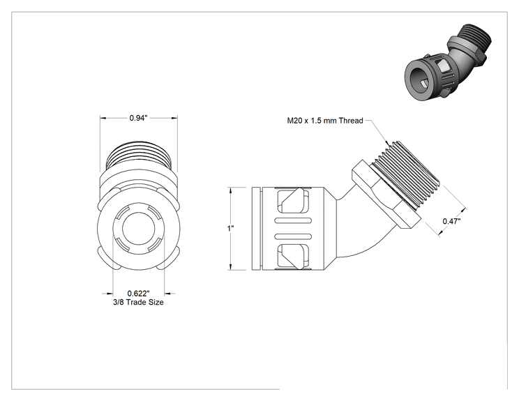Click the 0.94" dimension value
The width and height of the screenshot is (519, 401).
pyautogui.click(x=138, y=118)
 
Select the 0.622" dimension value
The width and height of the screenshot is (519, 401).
pyautogui.click(x=138, y=293)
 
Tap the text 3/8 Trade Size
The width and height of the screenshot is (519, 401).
pyautogui.click(x=138, y=302)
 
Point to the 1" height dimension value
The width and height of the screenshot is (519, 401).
pyautogui.click(x=231, y=228)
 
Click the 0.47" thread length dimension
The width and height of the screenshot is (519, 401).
pyautogui.click(x=451, y=221)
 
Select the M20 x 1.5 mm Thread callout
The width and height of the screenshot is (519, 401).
pyautogui.click(x=325, y=121)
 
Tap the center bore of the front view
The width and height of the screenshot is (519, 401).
pyautogui.click(x=139, y=228)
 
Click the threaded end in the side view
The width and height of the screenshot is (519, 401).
pyautogui.click(x=407, y=174)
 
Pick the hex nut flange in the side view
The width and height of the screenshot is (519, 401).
pyautogui.click(x=386, y=195)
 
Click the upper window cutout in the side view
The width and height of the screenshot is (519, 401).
pyautogui.click(x=294, y=201)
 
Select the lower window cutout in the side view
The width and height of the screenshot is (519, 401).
pyautogui.click(x=294, y=256)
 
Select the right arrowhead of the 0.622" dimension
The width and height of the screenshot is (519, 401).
pyautogui.click(x=168, y=293)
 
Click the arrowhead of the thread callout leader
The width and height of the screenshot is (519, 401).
pyautogui.click(x=386, y=142)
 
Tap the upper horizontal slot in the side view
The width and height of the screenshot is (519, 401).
pyautogui.click(x=293, y=220)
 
